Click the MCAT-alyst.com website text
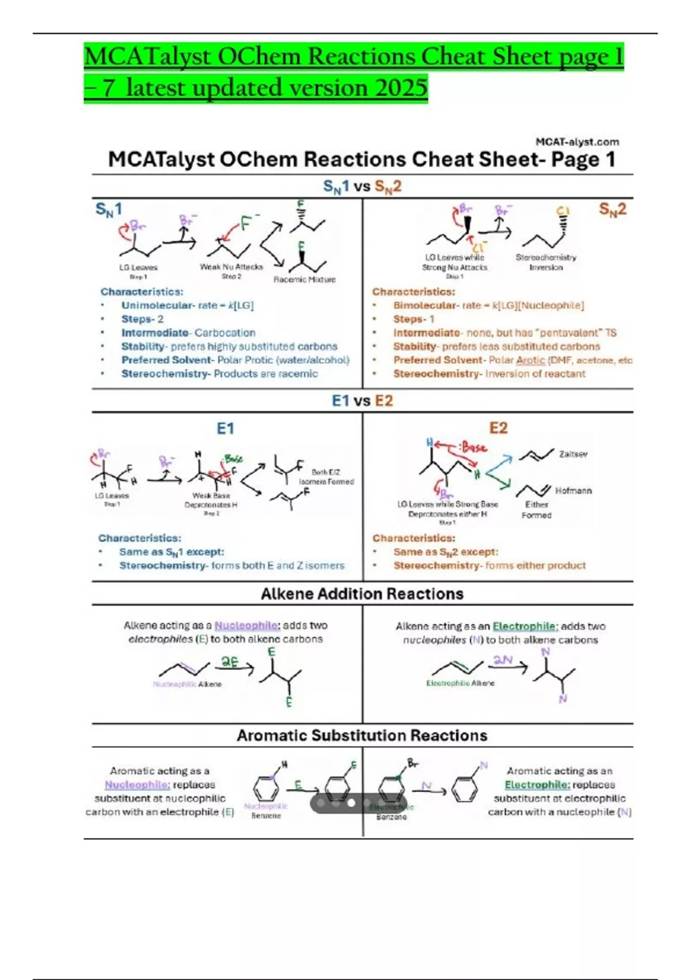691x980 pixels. coord(577,142)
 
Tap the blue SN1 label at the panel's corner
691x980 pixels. coord(108,209)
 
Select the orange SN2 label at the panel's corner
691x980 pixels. coord(612,209)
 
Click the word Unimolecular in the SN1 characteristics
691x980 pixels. coord(157,306)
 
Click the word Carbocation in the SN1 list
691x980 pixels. coord(225,333)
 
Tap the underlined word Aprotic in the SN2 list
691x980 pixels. coord(530,360)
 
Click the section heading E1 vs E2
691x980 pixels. coord(362,401)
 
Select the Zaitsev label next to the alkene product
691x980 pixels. coord(573,454)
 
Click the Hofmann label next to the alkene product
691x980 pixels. coord(573,491)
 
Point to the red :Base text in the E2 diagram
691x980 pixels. coord(473,447)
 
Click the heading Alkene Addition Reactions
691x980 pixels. coord(362,594)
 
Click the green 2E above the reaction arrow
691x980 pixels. coord(230,662)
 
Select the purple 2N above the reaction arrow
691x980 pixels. coord(503,660)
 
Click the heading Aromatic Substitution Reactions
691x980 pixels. coord(362,736)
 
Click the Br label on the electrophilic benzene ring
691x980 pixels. coord(413,763)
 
